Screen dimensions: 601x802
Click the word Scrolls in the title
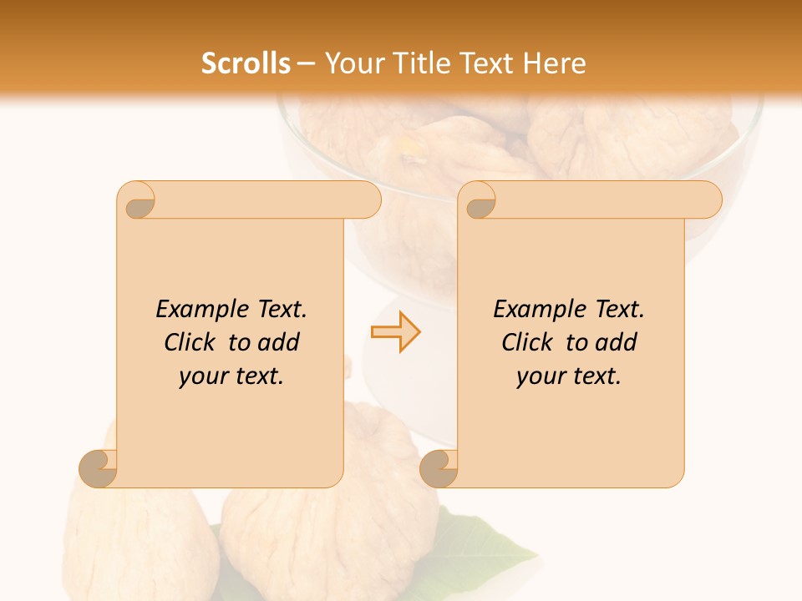click(x=246, y=63)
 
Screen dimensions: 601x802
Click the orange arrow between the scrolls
click(x=395, y=332)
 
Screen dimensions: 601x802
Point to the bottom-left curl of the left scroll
click(x=99, y=468)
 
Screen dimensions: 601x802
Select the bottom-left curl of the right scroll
click(x=439, y=468)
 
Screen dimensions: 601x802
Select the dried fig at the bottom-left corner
click(x=125, y=534)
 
